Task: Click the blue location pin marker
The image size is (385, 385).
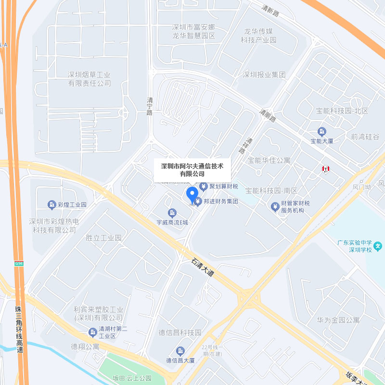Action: (x=192, y=195)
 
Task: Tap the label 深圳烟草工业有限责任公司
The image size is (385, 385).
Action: (x=89, y=79)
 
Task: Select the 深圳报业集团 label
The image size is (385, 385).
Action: (x=264, y=75)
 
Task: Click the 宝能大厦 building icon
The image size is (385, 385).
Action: (x=322, y=131)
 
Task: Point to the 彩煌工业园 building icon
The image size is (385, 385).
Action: (x=51, y=205)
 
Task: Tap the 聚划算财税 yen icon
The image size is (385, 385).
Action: (x=204, y=186)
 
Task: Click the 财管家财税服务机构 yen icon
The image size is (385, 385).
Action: (x=275, y=207)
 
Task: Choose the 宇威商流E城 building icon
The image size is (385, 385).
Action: (x=172, y=213)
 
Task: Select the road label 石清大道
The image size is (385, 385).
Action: (x=202, y=268)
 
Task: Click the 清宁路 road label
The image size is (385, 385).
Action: (x=150, y=106)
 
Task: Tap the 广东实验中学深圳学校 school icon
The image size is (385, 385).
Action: (x=379, y=246)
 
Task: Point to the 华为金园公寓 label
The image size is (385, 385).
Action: (x=338, y=320)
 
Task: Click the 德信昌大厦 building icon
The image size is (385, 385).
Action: (x=180, y=351)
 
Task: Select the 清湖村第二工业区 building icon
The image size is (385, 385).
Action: (x=92, y=332)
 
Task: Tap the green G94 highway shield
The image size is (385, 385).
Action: (x=19, y=263)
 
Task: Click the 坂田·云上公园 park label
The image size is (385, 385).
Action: (x=132, y=378)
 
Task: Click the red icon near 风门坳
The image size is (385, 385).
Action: (x=326, y=169)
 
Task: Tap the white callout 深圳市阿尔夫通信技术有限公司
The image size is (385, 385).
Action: (x=192, y=169)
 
